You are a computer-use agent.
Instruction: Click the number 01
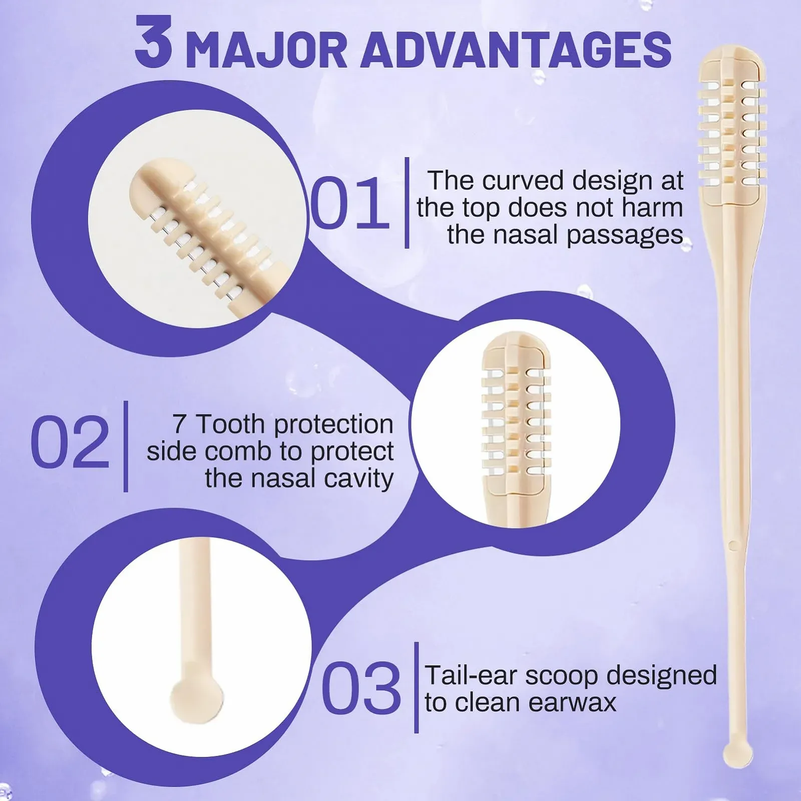point(349,203)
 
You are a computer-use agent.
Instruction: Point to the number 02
point(70,443)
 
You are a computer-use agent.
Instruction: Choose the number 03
point(361,687)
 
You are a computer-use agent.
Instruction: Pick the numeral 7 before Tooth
point(180,425)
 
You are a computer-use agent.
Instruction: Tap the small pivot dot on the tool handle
point(733,544)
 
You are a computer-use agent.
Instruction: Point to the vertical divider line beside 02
point(126,446)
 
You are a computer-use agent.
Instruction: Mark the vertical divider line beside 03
point(416,687)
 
